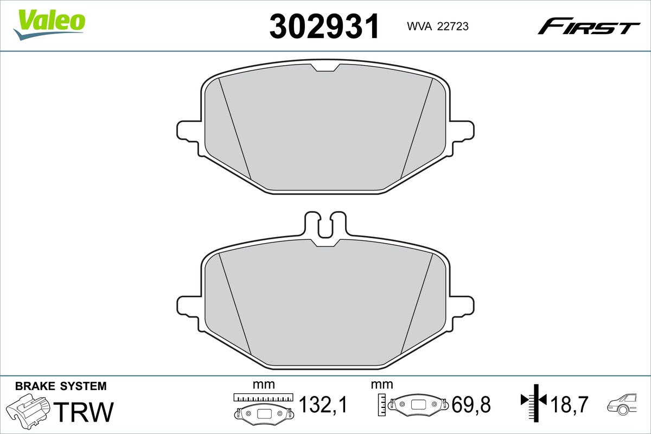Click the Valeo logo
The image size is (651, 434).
click(x=49, y=24)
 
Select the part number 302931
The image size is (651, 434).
click(x=324, y=26)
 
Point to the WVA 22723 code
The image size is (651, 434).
click(x=438, y=27)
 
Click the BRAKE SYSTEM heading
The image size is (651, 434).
click(x=61, y=386)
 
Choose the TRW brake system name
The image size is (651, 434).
click(x=84, y=412)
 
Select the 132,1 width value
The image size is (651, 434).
click(x=323, y=405)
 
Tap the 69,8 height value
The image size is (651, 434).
click(x=471, y=405)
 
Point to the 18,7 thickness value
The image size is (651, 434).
click(x=569, y=405)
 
